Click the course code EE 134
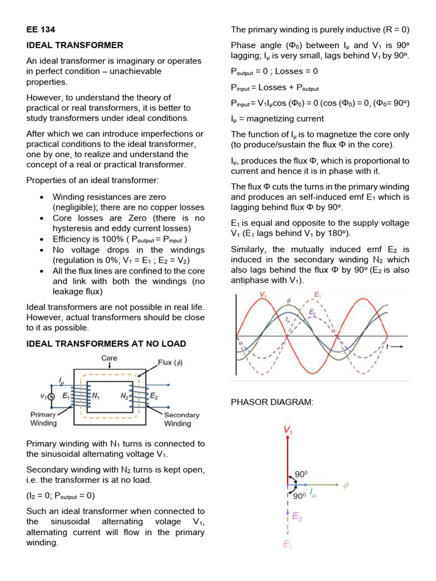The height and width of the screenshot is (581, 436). (x=40, y=30)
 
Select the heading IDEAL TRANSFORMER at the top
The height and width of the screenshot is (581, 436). (x=74, y=45)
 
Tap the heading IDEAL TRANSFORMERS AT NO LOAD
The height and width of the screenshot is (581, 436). (x=106, y=344)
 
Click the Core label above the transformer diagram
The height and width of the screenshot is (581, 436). (x=110, y=359)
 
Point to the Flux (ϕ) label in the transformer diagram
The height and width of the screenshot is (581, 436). (x=170, y=363)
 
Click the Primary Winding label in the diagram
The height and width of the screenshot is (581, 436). (x=43, y=419)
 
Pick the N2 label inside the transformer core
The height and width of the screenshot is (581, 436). (x=124, y=395)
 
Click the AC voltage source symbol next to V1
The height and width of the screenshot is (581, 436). (x=51, y=397)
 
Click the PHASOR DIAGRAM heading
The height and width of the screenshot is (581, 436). (x=271, y=402)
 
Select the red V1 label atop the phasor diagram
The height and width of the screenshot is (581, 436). (x=288, y=431)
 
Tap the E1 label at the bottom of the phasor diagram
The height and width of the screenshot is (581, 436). (x=288, y=545)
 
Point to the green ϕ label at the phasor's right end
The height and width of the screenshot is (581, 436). (x=345, y=485)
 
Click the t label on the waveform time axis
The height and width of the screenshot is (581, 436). (x=388, y=346)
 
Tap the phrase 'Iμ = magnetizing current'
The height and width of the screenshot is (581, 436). (x=277, y=119)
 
